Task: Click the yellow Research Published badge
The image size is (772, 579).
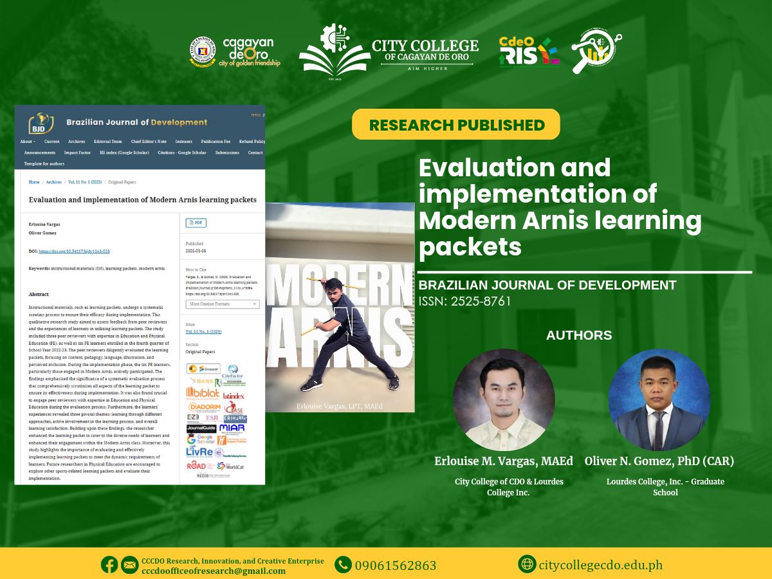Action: (456, 125)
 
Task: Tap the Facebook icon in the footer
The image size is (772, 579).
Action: (109, 565)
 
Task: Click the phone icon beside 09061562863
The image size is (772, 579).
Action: (343, 565)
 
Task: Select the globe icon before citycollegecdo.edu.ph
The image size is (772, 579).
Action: (527, 564)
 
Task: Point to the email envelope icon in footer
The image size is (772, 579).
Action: (129, 565)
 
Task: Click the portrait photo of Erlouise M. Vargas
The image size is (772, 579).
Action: (504, 400)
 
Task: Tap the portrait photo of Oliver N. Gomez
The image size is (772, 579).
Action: (659, 400)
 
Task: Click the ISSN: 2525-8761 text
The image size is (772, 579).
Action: (464, 301)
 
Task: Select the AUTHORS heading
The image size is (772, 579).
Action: (579, 335)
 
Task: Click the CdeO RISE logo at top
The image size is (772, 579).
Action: (529, 52)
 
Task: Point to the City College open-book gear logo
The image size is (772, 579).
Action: (333, 50)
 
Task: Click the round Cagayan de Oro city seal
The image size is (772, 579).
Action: (203, 51)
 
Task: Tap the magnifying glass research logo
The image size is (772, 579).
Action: (596, 51)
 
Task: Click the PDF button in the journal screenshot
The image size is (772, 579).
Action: (196, 223)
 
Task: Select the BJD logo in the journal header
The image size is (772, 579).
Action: (41, 122)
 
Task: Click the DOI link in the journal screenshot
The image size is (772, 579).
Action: (74, 252)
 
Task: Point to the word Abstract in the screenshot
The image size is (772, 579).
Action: (39, 294)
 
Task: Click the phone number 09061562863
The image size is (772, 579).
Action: (396, 565)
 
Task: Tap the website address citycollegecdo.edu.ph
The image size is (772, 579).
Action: (600, 565)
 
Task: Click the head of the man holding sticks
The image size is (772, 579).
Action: (333, 287)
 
